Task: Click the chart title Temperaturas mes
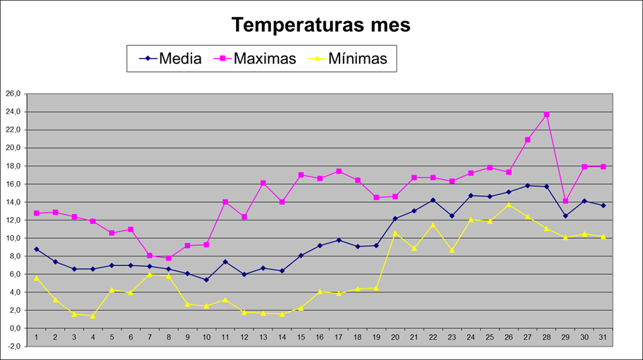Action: click(x=321, y=25)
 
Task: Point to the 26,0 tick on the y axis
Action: click(x=13, y=94)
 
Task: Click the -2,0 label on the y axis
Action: click(x=13, y=347)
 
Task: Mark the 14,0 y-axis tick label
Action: click(x=13, y=202)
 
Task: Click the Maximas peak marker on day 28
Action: click(x=547, y=114)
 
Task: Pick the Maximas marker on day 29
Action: click(x=566, y=201)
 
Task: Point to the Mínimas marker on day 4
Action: click(x=93, y=316)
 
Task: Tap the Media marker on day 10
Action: click(x=206, y=280)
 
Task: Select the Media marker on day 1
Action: click(x=36, y=249)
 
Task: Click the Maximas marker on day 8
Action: click(x=168, y=259)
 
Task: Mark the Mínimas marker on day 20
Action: click(x=395, y=232)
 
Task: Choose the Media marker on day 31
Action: click(x=604, y=205)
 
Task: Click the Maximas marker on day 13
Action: click(x=263, y=183)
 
